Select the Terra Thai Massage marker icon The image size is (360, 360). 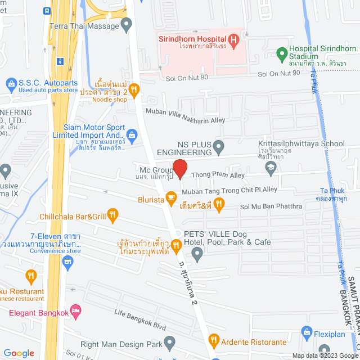click(x=127, y=24)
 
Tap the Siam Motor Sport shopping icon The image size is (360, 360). click(x=131, y=134)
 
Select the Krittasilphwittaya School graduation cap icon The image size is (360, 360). click(x=271, y=166)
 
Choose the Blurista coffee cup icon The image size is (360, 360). click(x=172, y=199)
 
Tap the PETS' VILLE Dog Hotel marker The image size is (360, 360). click(x=197, y=255)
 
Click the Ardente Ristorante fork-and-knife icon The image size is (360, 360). click(x=214, y=339)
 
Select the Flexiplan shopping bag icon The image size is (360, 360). click(x=307, y=331)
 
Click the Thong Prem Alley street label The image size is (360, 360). click(x=218, y=175)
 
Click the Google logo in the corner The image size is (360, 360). click(x=19, y=353)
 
